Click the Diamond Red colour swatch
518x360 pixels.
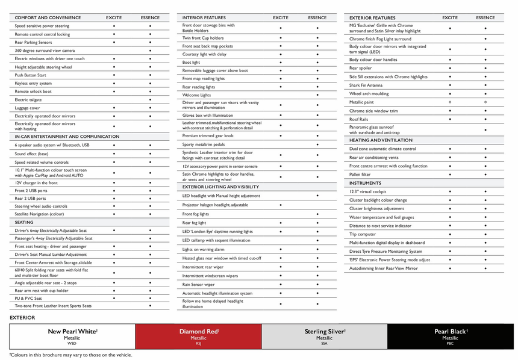tap(198, 337)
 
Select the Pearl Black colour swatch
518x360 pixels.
tap(451, 337)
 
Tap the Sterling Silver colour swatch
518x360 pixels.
tap(324, 337)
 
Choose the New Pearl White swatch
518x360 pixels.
tap(72, 337)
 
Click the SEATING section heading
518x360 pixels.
tap(25, 222)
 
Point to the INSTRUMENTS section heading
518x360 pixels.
tap(365, 183)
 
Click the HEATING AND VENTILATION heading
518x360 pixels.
tap(381, 140)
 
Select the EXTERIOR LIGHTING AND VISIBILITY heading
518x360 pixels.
tap(220, 187)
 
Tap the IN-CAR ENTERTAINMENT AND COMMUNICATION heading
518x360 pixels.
tap(67, 137)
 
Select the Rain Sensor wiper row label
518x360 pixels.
tap(199, 285)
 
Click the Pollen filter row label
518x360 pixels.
tap(360, 175)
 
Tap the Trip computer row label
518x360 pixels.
tap(363, 234)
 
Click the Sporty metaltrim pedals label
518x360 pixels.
tap(204, 144)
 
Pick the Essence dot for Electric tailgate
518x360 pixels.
tap(150, 99)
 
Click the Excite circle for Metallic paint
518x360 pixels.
tap(450, 102)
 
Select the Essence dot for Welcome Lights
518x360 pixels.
tap(317, 95)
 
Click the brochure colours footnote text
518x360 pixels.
tap(70, 355)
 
